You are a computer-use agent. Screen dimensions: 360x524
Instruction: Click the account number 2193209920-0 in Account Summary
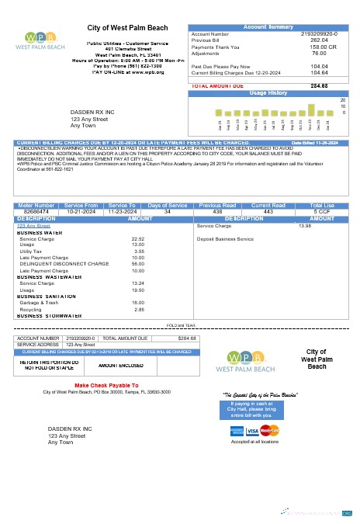(320, 34)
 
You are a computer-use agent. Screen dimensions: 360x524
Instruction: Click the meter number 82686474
(36, 210)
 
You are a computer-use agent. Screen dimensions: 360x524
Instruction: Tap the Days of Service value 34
(168, 210)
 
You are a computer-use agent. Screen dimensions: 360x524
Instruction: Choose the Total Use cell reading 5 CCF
(322, 210)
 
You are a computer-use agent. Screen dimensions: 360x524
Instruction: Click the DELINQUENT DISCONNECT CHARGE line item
(64, 264)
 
